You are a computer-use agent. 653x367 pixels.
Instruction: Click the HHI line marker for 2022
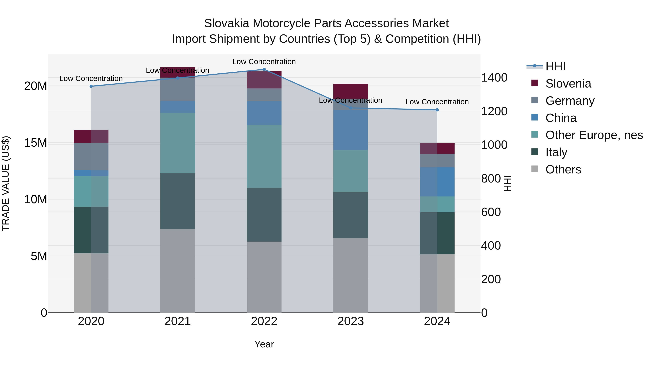pyautogui.click(x=264, y=69)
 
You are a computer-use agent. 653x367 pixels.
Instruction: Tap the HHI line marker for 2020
pyautogui.click(x=91, y=86)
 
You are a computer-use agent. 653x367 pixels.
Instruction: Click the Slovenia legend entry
pyautogui.click(x=568, y=84)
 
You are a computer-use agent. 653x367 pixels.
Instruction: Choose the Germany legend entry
pyautogui.click(x=570, y=101)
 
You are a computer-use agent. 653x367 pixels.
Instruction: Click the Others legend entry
pyautogui.click(x=563, y=169)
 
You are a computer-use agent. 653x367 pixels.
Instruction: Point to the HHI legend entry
pyautogui.click(x=555, y=66)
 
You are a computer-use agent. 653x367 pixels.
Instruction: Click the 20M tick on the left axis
pyautogui.click(x=36, y=86)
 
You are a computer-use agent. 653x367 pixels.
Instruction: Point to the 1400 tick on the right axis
pyautogui.click(x=494, y=78)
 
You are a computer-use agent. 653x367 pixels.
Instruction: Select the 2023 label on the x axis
pyautogui.click(x=351, y=321)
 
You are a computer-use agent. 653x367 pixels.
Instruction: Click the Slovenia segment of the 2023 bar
pyautogui.click(x=351, y=91)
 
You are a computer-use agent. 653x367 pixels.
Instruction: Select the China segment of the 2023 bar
pyautogui.click(x=351, y=130)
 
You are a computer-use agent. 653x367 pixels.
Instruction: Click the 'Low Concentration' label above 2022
pyautogui.click(x=264, y=62)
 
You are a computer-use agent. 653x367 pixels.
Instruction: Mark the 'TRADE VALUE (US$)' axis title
pyautogui.click(x=6, y=183)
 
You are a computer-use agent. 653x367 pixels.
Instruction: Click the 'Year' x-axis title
pyautogui.click(x=264, y=344)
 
